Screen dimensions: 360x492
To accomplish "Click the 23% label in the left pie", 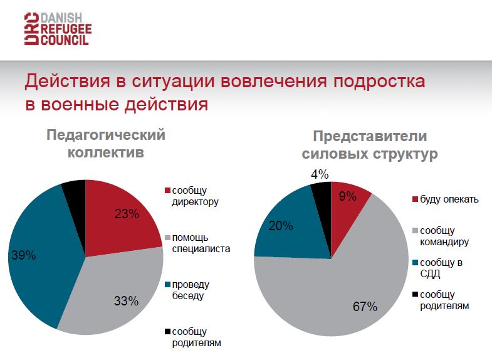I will pyautogui.click(x=127, y=213).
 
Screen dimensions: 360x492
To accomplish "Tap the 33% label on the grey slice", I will pyautogui.click(x=127, y=300).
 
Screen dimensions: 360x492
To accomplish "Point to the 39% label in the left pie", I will pyautogui.click(x=23, y=255).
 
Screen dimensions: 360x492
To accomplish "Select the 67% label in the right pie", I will pyautogui.click(x=365, y=307).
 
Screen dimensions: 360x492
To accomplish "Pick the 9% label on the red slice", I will pyautogui.click(x=347, y=196).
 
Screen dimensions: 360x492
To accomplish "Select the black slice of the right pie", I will pyautogui.click(x=322, y=191).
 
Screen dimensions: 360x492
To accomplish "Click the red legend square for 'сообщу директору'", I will pyautogui.click(x=167, y=191).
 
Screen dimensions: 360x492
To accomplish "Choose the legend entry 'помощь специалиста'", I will pyautogui.click(x=201, y=243).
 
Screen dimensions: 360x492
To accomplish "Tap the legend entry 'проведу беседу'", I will pyautogui.click(x=192, y=290).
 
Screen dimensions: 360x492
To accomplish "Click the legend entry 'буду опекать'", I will pyautogui.click(x=449, y=199).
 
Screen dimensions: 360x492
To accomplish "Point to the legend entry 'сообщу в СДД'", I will pyautogui.click(x=441, y=268).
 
